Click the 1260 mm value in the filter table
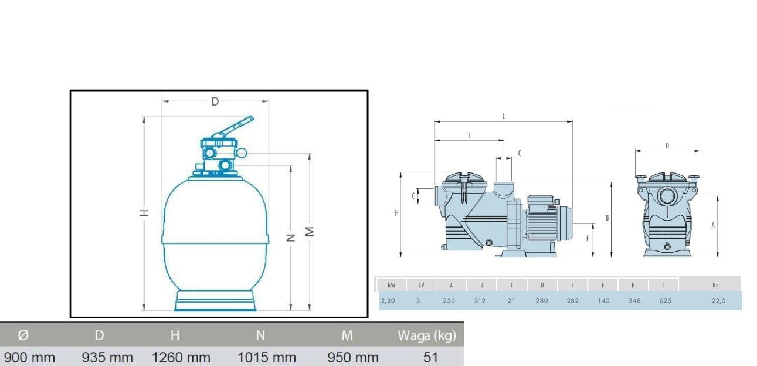coord(181,357)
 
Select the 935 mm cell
coord(107,357)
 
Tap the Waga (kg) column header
coord(427,335)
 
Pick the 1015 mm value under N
coord(267,357)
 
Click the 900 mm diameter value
coord(29,357)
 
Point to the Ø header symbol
coord(23,335)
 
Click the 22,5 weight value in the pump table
coord(718,300)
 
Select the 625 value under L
coord(666,300)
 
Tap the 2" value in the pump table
coord(511,300)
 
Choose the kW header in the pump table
coord(391,285)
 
